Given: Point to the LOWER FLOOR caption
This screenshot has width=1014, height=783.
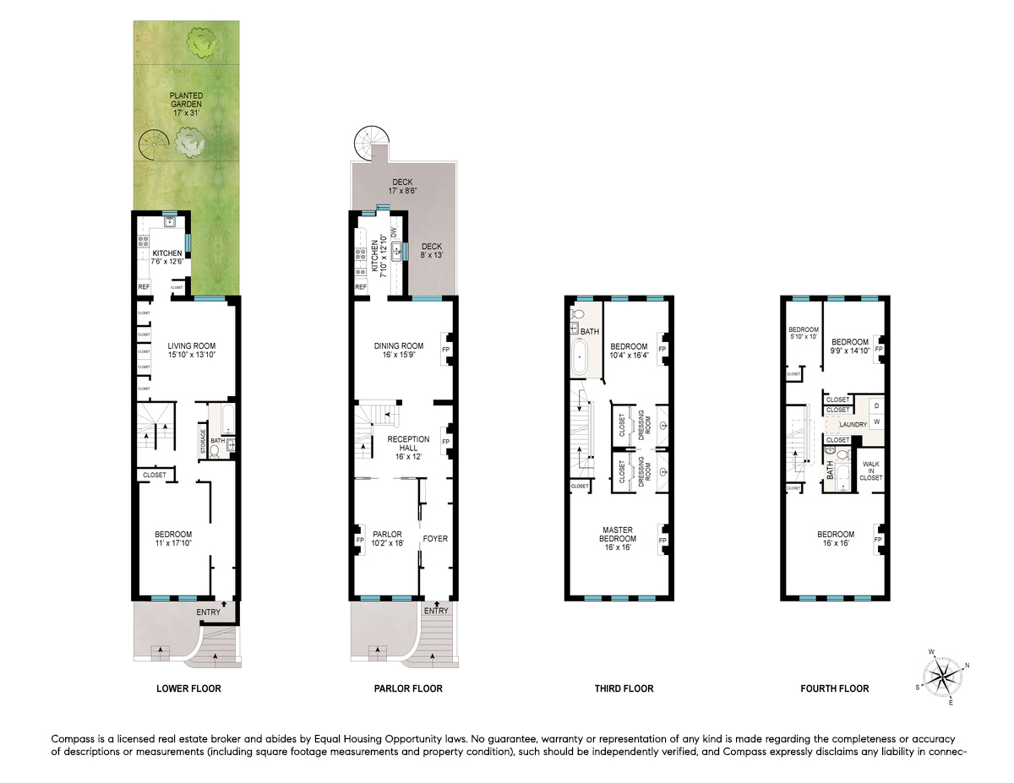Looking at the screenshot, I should click(188, 688).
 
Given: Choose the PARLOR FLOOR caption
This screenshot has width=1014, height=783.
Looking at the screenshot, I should click(408, 688).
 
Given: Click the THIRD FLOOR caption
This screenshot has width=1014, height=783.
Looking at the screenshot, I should click(624, 688).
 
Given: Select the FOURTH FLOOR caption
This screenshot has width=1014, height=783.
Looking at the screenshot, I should click(834, 688).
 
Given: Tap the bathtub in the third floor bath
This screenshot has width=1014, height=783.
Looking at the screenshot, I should click(580, 358).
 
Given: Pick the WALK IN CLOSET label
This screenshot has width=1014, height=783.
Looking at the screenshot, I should click(870, 470).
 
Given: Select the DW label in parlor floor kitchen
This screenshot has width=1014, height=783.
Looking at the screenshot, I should click(393, 231).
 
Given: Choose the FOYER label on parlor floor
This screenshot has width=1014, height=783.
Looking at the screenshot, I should click(435, 539).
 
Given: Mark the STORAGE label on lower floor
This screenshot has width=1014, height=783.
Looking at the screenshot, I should click(203, 446).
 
